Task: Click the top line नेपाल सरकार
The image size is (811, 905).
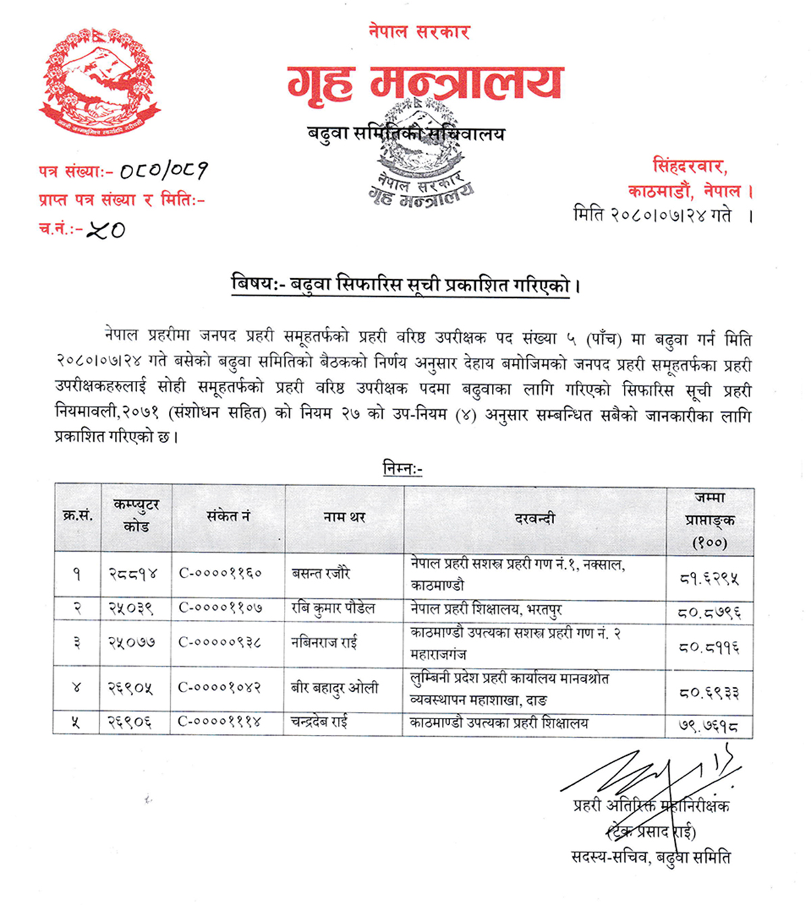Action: pos(418,31)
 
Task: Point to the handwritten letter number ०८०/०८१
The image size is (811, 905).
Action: pos(164,171)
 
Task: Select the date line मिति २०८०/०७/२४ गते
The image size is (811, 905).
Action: pos(661,215)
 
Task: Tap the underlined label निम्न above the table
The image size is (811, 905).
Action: pos(402,468)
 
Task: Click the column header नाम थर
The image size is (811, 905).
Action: pos(344,517)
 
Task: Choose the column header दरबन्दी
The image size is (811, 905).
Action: pos(535,519)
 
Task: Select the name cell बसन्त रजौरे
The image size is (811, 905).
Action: pos(321,573)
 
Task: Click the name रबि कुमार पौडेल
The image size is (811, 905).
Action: pos(333,609)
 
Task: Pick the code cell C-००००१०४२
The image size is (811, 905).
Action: pos(220,688)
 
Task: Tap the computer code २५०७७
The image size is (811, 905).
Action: pos(132,642)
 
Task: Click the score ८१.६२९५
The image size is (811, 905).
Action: pos(710,578)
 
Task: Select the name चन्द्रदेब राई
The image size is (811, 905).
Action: pos(319,722)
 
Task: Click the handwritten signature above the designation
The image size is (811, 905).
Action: pos(649,773)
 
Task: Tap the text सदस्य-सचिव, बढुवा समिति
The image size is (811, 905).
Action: pos(650,857)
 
